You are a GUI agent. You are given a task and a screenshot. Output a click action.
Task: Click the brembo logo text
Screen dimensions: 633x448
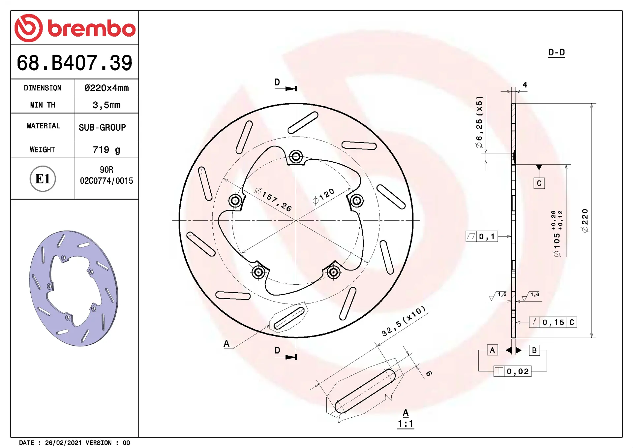point(91,28)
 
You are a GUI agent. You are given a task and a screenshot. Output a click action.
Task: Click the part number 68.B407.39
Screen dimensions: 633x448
point(75,63)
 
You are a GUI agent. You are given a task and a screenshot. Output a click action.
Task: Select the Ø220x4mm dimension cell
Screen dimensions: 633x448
point(106,88)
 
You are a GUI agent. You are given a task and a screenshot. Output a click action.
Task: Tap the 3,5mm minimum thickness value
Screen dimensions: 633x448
point(106,105)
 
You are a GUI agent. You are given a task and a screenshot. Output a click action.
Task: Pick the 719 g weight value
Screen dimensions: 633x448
point(106,150)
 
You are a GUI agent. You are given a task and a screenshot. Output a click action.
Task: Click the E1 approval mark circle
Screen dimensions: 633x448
point(43,179)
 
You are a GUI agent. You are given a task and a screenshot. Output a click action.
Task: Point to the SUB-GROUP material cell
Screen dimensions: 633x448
point(102,127)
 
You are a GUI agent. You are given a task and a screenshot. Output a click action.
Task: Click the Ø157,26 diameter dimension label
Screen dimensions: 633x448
point(273,199)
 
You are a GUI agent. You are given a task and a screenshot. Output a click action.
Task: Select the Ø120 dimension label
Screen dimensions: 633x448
point(323,197)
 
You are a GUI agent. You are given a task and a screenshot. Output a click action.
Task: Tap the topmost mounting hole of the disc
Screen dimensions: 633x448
point(296,156)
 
